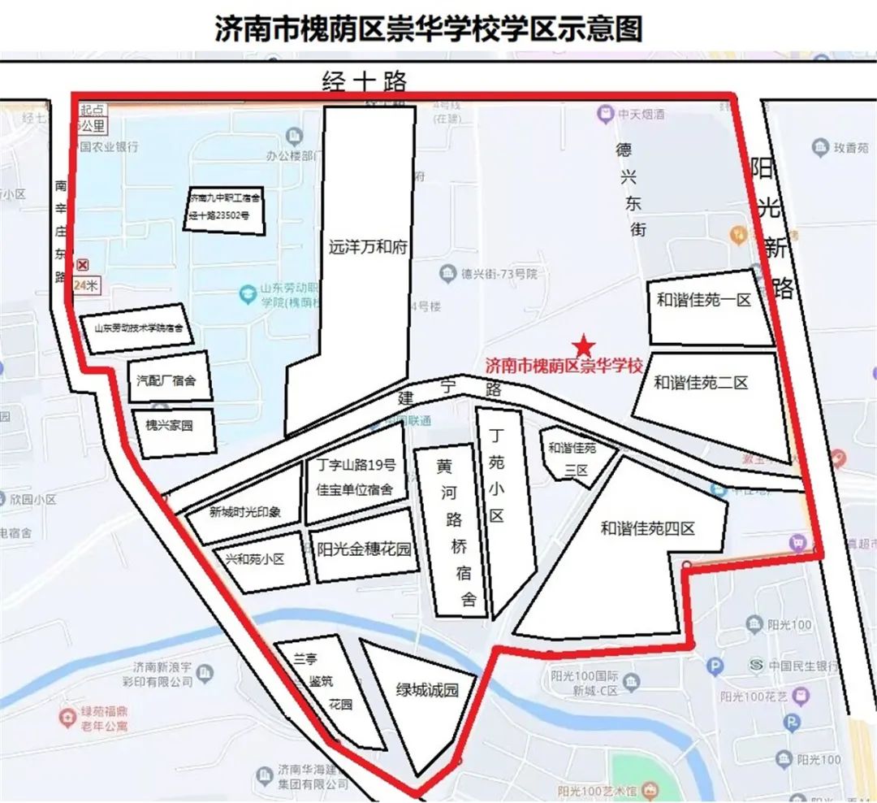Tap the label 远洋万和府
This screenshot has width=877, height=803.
(x=367, y=247)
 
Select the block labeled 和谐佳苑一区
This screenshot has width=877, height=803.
(x=703, y=301)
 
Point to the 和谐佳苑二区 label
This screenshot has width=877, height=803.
(x=701, y=383)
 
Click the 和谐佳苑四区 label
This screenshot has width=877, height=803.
(x=648, y=528)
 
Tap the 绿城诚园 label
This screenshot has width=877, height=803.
(x=427, y=691)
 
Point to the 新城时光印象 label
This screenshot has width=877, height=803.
(x=244, y=512)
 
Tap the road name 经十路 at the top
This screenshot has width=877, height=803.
(x=364, y=81)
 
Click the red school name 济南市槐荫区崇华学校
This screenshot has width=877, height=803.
(x=564, y=367)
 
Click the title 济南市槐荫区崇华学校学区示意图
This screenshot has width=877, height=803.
(x=429, y=28)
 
